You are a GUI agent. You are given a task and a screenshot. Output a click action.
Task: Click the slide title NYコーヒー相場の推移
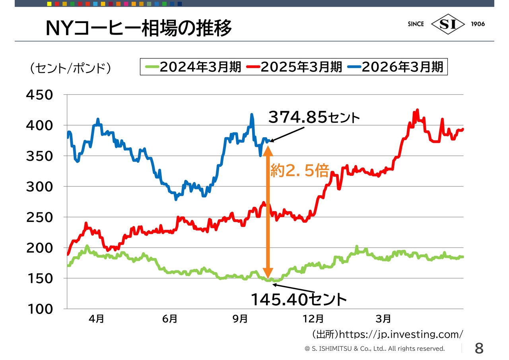point(138,29)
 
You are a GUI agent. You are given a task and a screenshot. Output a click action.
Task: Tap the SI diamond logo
point(448,24)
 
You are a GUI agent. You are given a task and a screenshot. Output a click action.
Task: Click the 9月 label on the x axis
point(240,319)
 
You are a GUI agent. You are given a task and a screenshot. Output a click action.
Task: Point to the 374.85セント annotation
point(314,117)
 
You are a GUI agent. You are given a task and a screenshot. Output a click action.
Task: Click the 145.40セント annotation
point(299,299)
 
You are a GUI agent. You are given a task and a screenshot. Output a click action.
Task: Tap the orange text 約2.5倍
point(299,171)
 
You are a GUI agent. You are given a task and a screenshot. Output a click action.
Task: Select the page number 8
point(479,348)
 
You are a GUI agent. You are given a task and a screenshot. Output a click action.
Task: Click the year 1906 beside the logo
point(478,24)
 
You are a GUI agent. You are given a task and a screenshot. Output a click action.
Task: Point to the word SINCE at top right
point(416,24)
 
